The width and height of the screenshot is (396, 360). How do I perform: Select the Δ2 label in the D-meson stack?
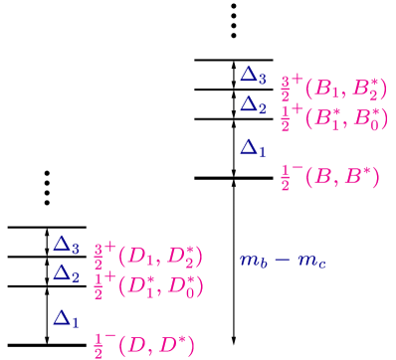click(x=67, y=272)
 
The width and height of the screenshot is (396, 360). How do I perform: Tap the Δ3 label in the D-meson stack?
click(x=67, y=244)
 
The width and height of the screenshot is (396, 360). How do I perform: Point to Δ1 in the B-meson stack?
click(x=254, y=148)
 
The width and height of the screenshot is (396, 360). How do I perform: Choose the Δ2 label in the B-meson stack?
click(x=254, y=104)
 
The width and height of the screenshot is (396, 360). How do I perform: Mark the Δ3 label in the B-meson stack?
click(x=254, y=75)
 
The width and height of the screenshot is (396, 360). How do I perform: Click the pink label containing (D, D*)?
click(x=143, y=345)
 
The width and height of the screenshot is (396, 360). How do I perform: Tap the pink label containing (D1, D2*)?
click(x=147, y=257)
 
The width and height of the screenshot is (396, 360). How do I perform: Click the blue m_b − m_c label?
click(x=283, y=261)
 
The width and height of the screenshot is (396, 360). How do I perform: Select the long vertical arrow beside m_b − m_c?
click(x=234, y=261)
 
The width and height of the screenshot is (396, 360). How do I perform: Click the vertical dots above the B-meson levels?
click(x=234, y=21)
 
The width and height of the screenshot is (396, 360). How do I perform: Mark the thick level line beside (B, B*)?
click(x=234, y=177)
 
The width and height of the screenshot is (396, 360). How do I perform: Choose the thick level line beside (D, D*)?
click(x=47, y=345)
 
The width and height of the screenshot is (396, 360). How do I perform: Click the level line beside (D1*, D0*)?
click(x=47, y=286)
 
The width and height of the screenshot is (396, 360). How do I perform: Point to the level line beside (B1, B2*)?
click(x=234, y=90)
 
